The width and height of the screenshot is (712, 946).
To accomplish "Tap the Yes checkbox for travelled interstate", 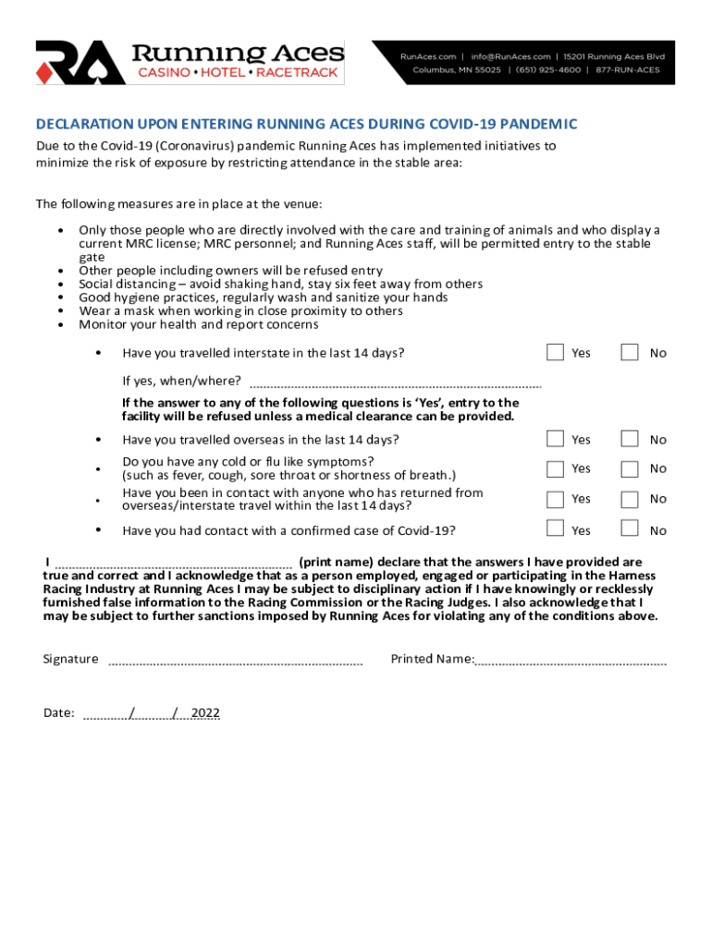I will pyautogui.click(x=555, y=352).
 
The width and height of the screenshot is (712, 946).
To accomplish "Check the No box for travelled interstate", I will pyautogui.click(x=630, y=352).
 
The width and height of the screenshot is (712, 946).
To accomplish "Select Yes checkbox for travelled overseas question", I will pyautogui.click(x=555, y=439).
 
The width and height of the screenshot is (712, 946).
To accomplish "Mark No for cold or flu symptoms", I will pyautogui.click(x=630, y=468).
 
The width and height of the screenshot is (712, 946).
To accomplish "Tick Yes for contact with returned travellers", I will pyautogui.click(x=555, y=499).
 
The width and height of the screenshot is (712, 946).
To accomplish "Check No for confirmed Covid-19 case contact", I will pyautogui.click(x=630, y=528).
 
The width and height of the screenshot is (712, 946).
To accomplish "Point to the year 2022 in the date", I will pyautogui.click(x=204, y=713).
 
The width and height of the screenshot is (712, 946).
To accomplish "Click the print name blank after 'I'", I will pyautogui.click(x=174, y=564).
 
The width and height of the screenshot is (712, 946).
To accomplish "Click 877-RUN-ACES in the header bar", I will pyautogui.click(x=629, y=70).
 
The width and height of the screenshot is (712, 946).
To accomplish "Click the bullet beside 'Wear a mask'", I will pyautogui.click(x=61, y=311).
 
